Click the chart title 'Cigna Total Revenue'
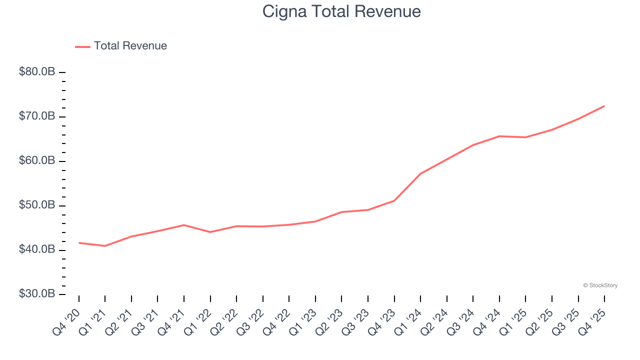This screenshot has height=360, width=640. point(341,11)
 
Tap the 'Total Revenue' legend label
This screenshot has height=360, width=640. point(130,46)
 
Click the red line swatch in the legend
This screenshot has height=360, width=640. point(82,46)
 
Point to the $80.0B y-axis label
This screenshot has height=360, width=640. point(37,72)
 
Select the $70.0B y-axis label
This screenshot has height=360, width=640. point(37,116)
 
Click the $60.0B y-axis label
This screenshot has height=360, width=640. point(37,161)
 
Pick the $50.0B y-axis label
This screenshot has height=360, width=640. point(37,205)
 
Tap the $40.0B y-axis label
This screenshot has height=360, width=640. point(37,249)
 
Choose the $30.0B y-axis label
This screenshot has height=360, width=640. point(37,294)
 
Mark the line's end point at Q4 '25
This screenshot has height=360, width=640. point(604,106)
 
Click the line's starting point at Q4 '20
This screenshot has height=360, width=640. point(79,243)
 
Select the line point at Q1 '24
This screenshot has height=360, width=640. point(420,173)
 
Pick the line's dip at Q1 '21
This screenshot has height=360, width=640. point(105,246)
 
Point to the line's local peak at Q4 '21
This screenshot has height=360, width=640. point(184,225)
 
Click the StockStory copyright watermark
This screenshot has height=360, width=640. point(600,285)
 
